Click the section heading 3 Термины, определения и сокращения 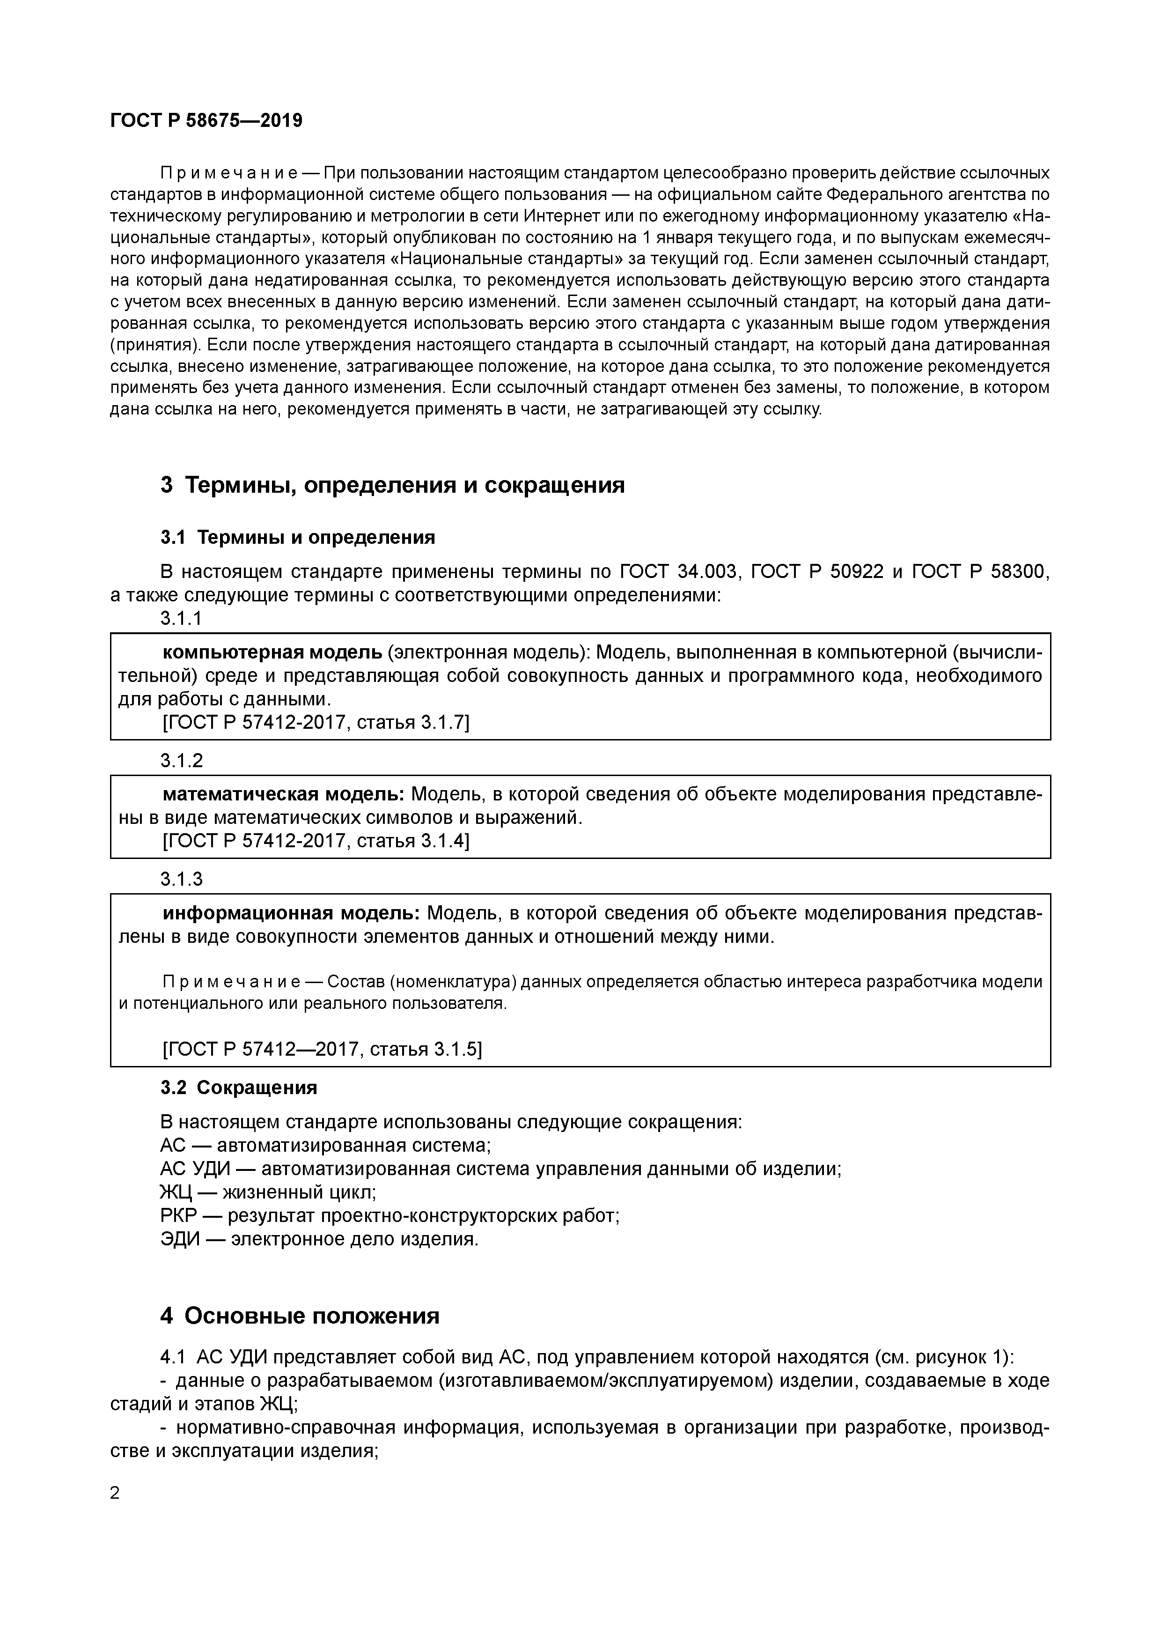click(392, 485)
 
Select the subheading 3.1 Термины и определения click(298, 537)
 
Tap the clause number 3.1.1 click(181, 618)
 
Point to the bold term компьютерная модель click(272, 652)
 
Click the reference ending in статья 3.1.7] click(316, 723)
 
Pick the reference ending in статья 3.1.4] click(316, 841)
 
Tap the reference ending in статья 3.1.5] click(323, 1049)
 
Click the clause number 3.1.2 click(181, 760)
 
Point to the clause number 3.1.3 click(181, 879)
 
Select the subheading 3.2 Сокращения click(239, 1088)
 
